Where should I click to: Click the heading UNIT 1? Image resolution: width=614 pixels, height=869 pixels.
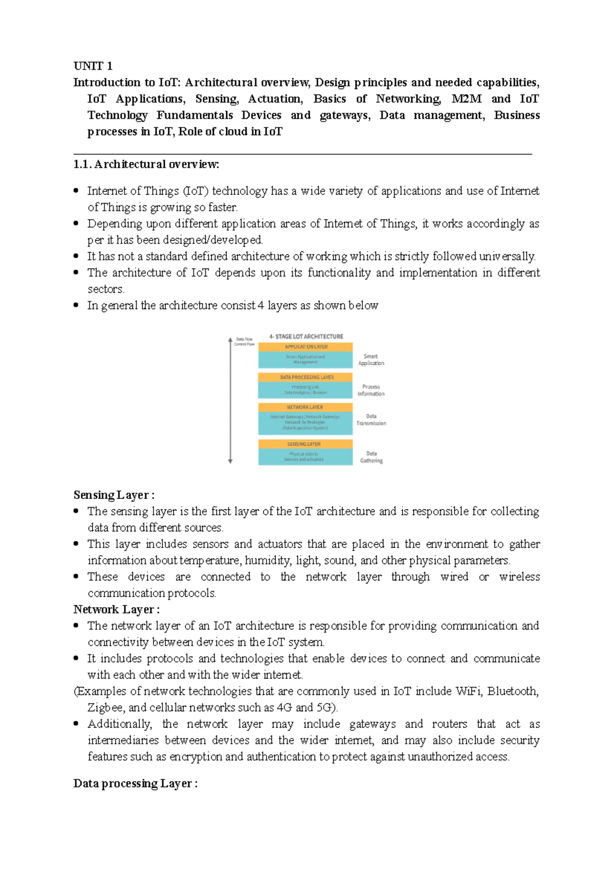(x=93, y=66)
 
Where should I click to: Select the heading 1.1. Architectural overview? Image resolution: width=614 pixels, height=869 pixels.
(x=146, y=164)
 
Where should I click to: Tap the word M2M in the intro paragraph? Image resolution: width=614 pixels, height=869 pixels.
(x=466, y=99)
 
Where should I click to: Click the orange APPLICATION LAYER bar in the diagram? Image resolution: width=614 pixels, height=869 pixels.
(x=305, y=346)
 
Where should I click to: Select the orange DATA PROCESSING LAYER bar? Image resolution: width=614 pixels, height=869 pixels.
(x=305, y=377)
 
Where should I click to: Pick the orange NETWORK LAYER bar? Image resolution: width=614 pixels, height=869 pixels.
(x=305, y=407)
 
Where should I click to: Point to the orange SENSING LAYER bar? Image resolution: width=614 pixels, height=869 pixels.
(x=305, y=444)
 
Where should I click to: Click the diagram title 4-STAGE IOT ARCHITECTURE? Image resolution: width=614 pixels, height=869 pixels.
(x=306, y=336)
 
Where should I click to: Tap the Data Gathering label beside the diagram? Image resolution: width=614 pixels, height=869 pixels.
(x=371, y=457)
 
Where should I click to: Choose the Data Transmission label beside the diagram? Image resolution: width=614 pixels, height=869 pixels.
(x=371, y=420)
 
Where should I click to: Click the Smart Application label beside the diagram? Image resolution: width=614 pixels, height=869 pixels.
(x=371, y=360)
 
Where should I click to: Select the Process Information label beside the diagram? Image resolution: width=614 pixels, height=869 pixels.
(x=371, y=390)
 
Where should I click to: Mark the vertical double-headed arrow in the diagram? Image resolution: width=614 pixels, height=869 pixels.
(x=230, y=401)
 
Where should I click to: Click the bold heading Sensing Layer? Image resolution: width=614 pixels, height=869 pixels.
(x=114, y=495)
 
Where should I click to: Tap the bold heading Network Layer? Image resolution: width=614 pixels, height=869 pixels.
(x=116, y=610)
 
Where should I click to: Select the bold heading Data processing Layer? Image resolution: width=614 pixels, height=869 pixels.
(x=135, y=784)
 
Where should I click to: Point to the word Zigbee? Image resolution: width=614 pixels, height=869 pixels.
(x=106, y=708)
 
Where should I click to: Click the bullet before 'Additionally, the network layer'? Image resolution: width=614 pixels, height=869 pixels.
(x=76, y=724)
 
